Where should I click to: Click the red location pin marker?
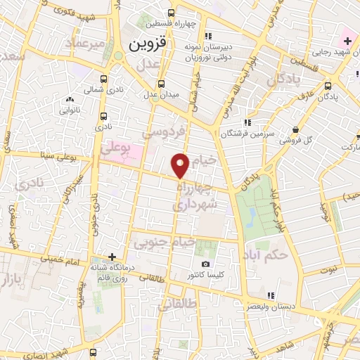pyautogui.click(x=181, y=165)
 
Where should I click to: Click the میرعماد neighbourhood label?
pyautogui.click(x=86, y=44)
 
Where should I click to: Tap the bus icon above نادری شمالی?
pyautogui.click(x=104, y=79)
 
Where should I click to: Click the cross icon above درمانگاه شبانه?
pyautogui.click(x=112, y=257)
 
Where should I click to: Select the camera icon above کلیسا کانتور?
pyautogui.click(x=205, y=264)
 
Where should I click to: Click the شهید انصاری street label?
pyautogui.click(x=67, y=348)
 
